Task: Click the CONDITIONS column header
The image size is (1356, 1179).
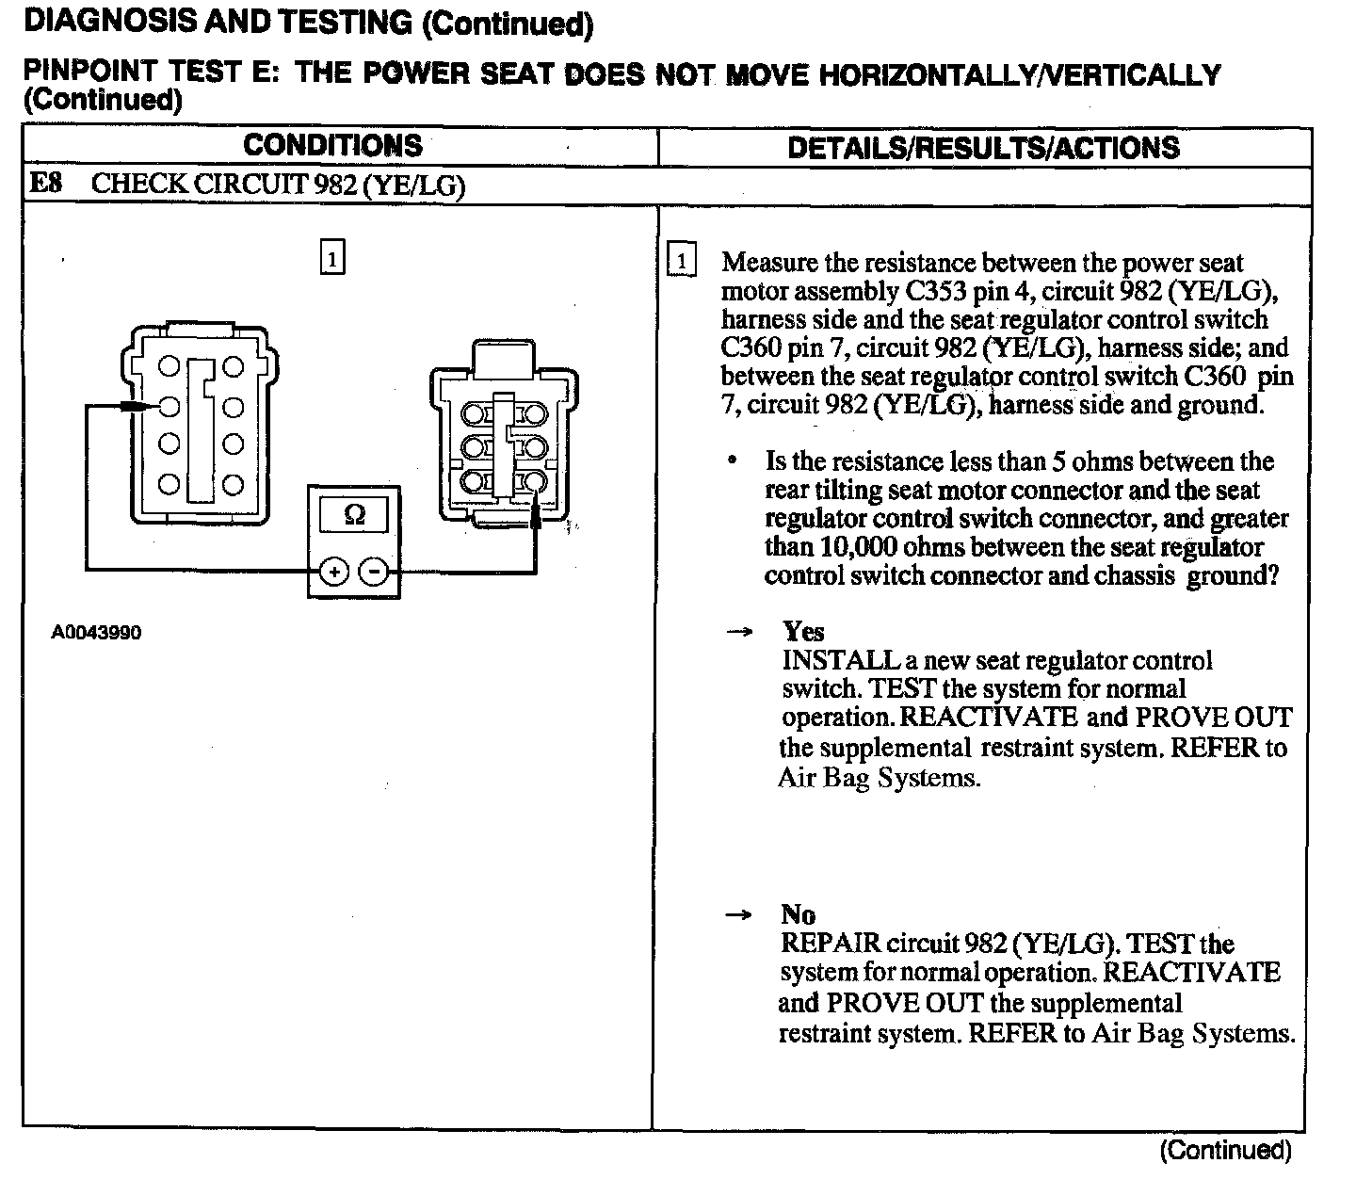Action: [332, 146]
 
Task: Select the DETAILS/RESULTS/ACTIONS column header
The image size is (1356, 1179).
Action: [983, 148]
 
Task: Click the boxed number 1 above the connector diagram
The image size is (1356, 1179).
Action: [332, 258]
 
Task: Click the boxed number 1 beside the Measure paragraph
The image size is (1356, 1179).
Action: [681, 261]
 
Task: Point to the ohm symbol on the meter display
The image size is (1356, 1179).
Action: [354, 514]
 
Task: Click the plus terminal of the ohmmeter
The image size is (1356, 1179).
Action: [334, 571]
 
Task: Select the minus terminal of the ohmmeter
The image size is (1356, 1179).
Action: [374, 571]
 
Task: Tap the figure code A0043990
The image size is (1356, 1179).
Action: [96, 633]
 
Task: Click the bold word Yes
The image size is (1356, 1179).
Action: [803, 631]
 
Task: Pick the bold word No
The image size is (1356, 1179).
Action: [798, 914]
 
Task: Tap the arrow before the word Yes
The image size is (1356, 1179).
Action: [740, 632]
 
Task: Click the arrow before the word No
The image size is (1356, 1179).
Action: [740, 915]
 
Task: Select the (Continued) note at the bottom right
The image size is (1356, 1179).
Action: [1225, 1150]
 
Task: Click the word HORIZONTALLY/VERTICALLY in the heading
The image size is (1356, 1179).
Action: [1019, 75]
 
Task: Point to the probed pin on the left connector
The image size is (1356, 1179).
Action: [169, 407]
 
